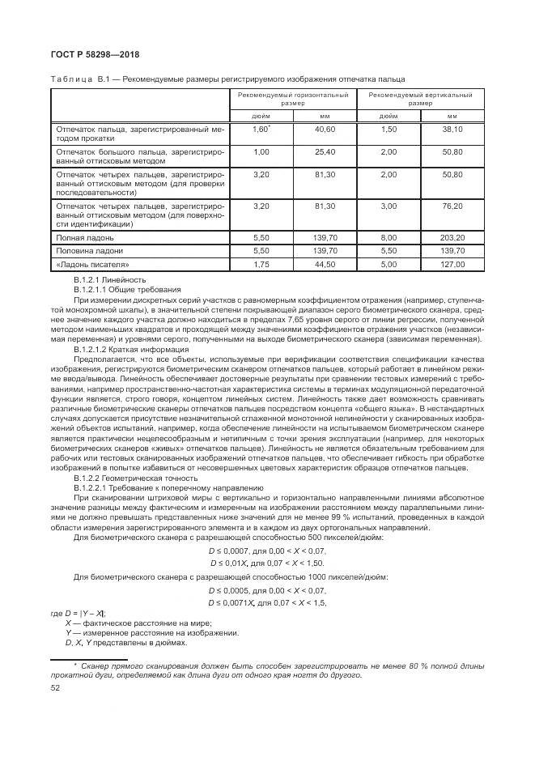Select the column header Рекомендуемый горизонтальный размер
click(x=293, y=99)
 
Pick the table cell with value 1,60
click(x=260, y=130)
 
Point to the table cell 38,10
click(x=452, y=130)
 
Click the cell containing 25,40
click(x=325, y=151)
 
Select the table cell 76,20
click(x=452, y=206)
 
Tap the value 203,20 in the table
click(x=452, y=238)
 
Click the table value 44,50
click(x=325, y=264)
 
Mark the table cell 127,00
click(x=452, y=264)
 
